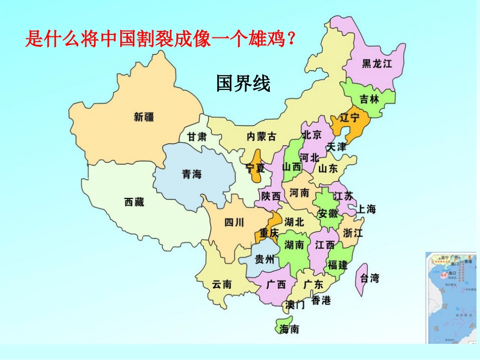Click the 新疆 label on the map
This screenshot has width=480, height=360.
point(144,117)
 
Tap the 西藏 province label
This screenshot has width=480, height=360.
point(134,202)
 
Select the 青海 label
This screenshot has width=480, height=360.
point(191,174)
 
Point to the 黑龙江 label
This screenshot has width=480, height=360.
point(377,64)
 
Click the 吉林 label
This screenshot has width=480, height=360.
point(369,99)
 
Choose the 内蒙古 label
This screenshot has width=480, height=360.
point(261,136)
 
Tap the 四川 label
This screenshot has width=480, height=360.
point(234,222)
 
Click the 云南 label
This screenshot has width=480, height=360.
point(222,285)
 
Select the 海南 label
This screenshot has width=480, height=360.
point(290,329)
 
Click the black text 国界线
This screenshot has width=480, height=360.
point(243,83)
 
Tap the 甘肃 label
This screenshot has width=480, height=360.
point(197,137)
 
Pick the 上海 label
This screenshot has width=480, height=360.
point(366,209)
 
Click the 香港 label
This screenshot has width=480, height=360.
point(321,300)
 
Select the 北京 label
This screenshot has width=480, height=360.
point(311,135)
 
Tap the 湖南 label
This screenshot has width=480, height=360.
point(294,245)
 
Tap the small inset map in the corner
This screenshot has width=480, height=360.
point(452,298)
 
